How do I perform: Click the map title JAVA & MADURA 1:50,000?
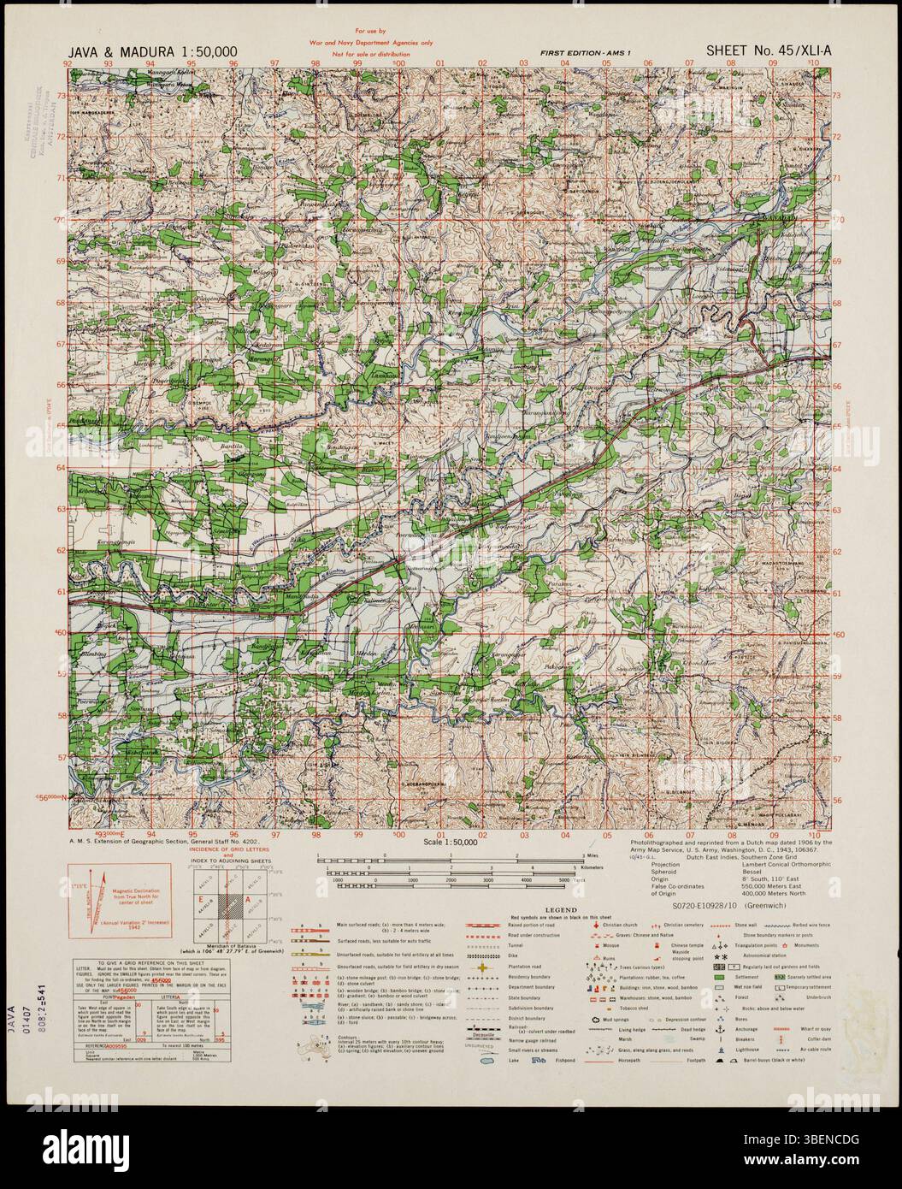pos(152,52)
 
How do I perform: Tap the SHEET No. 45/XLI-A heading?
pos(768,51)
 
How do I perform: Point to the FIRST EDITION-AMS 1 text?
pos(585,54)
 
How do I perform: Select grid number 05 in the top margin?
pos(605,63)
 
